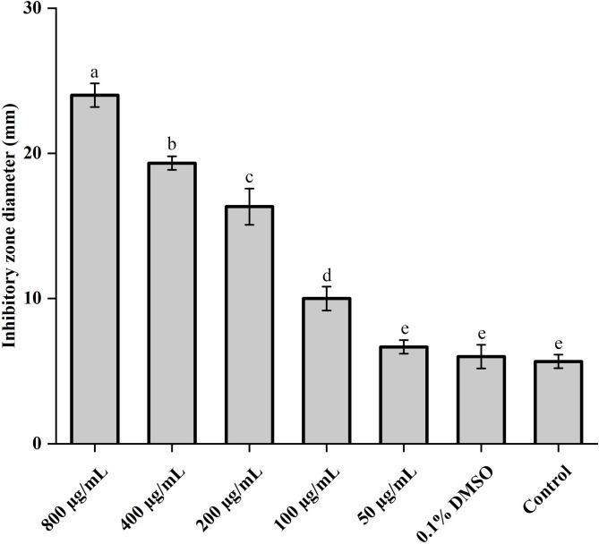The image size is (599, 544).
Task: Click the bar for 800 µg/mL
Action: pos(94,268)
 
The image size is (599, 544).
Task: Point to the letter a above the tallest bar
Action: pos(94,71)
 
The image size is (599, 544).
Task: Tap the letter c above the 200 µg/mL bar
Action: pos(249,175)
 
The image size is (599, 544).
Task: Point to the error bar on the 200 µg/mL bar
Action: pos(249,206)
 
